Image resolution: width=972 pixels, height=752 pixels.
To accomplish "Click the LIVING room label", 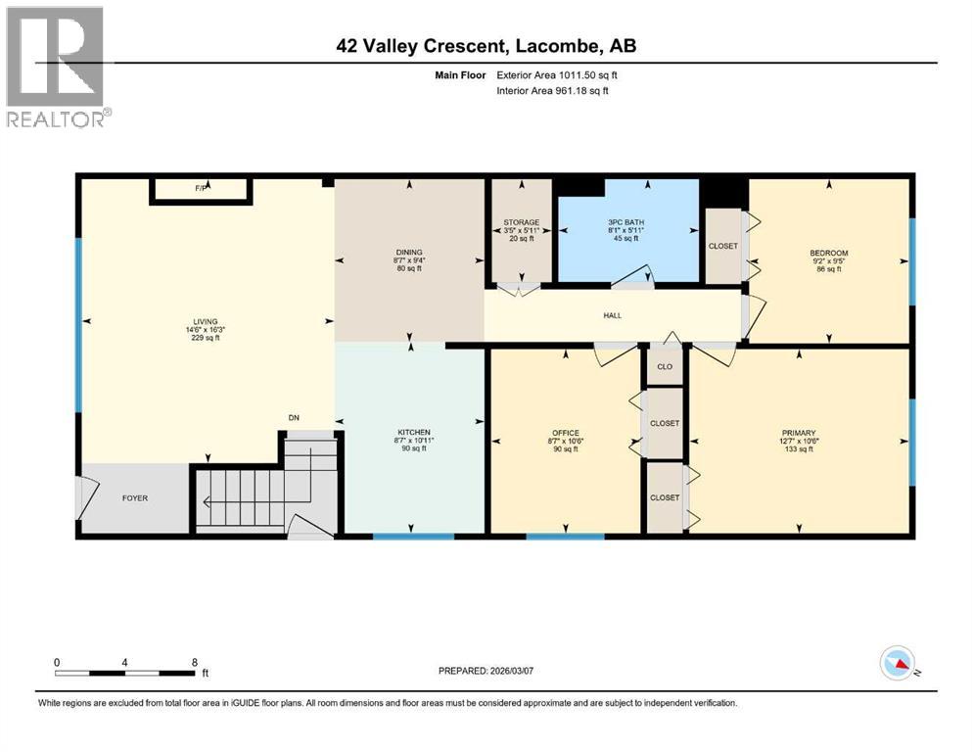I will [x=206, y=320].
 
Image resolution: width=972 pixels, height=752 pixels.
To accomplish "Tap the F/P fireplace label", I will [x=202, y=187].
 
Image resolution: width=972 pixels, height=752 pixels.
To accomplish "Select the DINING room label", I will [x=409, y=252].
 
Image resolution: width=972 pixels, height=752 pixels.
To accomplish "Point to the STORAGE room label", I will [x=521, y=222].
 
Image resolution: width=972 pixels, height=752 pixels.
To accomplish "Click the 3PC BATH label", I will [x=627, y=222].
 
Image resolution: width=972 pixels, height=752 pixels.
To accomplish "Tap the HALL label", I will [x=613, y=314].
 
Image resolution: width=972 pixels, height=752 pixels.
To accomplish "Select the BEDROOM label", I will [x=829, y=253].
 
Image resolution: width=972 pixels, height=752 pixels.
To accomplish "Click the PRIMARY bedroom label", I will [x=799, y=432].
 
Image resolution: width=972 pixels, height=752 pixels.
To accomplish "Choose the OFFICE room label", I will [x=565, y=432].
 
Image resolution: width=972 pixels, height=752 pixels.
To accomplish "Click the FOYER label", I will [x=134, y=498].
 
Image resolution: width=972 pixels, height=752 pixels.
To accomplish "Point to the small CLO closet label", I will [x=664, y=367].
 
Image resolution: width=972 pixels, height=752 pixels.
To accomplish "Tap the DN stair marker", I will [x=293, y=418].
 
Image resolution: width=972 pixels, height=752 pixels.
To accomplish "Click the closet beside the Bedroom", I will [x=723, y=246].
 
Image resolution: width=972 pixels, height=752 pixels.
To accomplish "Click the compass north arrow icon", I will [x=898, y=665].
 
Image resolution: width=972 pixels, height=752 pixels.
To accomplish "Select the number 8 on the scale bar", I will [x=194, y=662].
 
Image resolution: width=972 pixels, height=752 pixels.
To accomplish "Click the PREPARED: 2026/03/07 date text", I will [x=493, y=671].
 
